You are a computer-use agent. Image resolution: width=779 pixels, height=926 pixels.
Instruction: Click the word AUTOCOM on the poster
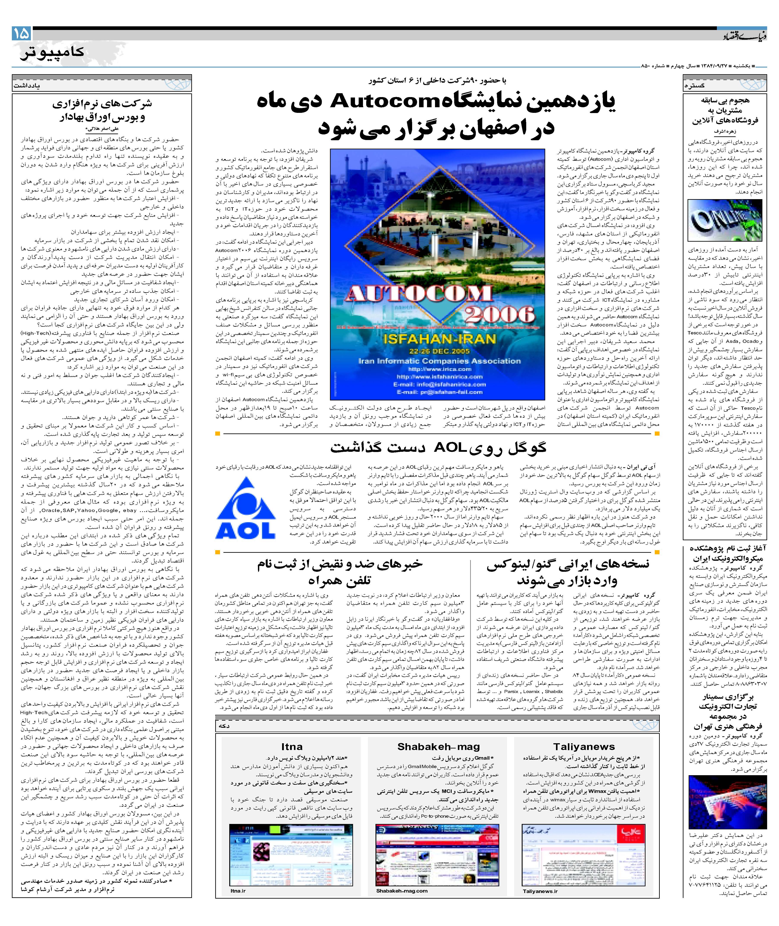pyautogui.click(x=419, y=293)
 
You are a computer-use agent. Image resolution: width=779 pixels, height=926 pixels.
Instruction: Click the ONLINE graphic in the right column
pyautogui.click(x=724, y=220)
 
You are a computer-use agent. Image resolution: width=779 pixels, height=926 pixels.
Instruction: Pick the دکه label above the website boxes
pyautogui.click(x=224, y=725)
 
